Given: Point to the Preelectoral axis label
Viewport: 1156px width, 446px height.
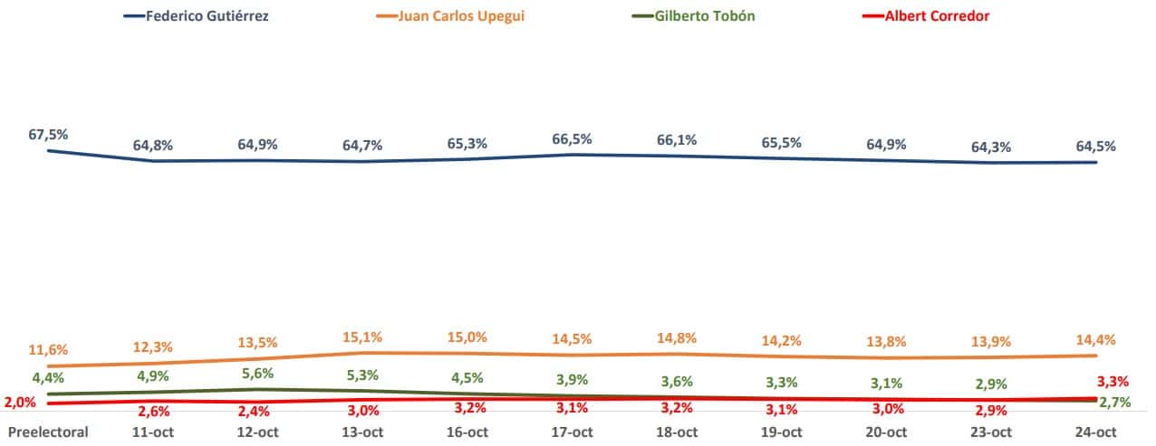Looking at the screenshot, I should coord(48,432).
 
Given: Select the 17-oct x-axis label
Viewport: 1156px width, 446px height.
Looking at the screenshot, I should coord(572,432).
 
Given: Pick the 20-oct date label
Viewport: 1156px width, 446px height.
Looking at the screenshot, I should coord(886,432).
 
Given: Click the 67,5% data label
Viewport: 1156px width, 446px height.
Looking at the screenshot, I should coord(48,135).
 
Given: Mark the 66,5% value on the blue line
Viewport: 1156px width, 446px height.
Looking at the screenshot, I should coord(572,138).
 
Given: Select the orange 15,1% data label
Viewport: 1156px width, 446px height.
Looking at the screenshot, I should coord(362,337).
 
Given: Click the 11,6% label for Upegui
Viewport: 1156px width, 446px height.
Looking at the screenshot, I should coord(48,349).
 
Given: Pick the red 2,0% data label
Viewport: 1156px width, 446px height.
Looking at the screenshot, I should coord(20,403).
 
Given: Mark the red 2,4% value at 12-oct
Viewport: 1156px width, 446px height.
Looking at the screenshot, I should coord(256,410).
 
